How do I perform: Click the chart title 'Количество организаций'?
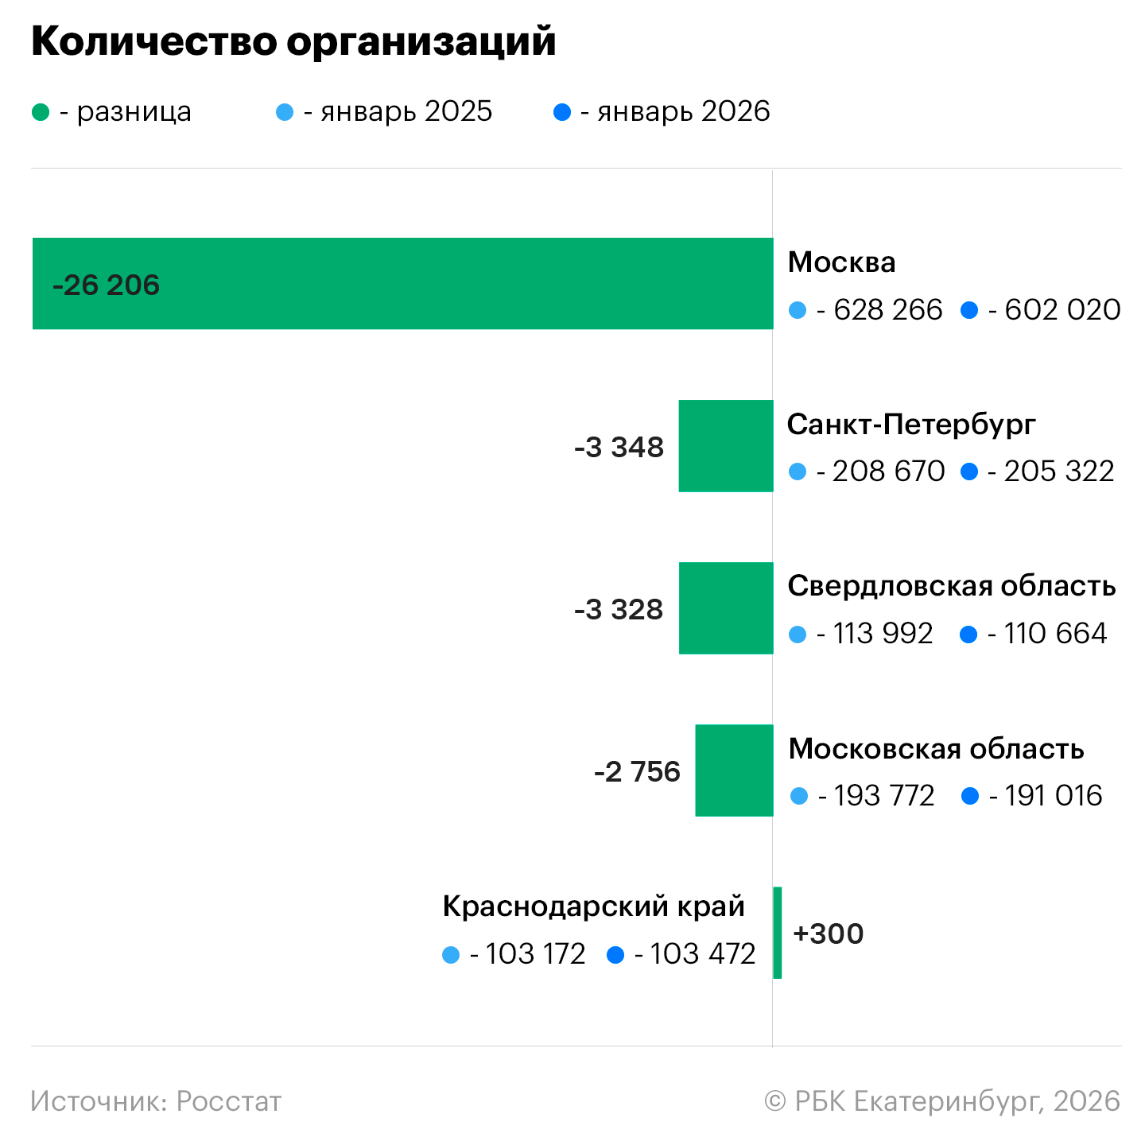click(293, 41)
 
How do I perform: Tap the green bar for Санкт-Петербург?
click(725, 445)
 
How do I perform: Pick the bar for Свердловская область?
click(725, 608)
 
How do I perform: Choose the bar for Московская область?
click(734, 770)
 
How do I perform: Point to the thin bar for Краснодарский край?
click(777, 933)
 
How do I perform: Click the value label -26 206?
click(106, 285)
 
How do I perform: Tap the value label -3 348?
click(619, 447)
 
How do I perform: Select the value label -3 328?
click(619, 610)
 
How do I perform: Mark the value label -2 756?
click(637, 772)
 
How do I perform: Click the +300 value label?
click(828, 933)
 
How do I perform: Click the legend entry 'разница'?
click(134, 112)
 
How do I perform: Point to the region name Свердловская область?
click(951, 586)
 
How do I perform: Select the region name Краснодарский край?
click(593, 906)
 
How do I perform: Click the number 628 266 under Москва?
click(887, 310)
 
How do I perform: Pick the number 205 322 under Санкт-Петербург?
click(1058, 472)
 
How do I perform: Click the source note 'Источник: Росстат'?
click(156, 1101)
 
